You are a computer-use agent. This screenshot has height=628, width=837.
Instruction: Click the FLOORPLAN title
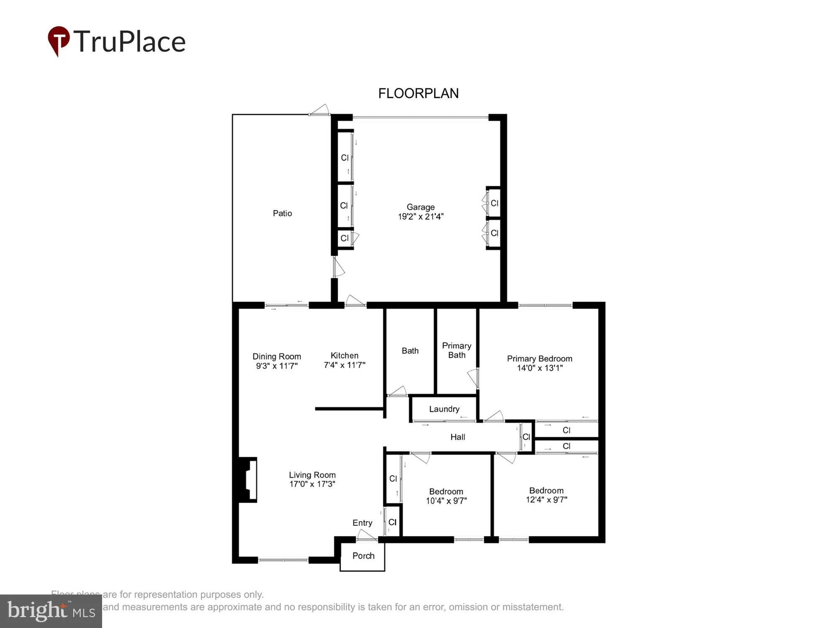pos(418,93)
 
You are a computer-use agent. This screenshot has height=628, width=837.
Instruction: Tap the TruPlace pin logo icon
pos(59,41)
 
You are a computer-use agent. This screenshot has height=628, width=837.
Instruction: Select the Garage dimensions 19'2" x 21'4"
pos(421,216)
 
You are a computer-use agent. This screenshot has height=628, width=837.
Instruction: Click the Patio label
pos(282,213)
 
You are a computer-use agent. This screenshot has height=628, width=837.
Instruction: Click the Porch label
pos(363,556)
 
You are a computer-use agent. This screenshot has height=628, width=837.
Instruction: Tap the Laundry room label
pos(444,409)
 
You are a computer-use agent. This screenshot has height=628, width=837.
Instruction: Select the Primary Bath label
pos(457,350)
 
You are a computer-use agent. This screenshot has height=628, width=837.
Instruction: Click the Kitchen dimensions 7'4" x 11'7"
pos(344,365)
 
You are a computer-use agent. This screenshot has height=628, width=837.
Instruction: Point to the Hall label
pos(457,437)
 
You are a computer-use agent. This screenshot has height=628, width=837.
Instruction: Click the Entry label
pos(362,522)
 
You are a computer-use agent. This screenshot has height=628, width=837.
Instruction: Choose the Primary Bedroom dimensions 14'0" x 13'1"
pos(539,368)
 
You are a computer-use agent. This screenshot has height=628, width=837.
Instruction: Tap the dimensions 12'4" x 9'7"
pos(546,499)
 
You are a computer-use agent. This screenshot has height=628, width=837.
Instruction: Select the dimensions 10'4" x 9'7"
pos(446,501)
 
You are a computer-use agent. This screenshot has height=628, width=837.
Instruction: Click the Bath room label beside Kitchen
pos(410,351)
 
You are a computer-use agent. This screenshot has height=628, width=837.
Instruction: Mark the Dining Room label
pos(277,356)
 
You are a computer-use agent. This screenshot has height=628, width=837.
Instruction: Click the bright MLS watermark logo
pos(51,611)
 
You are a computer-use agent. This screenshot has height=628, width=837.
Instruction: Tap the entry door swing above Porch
pos(367,535)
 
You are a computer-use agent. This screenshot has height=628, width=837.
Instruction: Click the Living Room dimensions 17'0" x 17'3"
pos(312,484)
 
